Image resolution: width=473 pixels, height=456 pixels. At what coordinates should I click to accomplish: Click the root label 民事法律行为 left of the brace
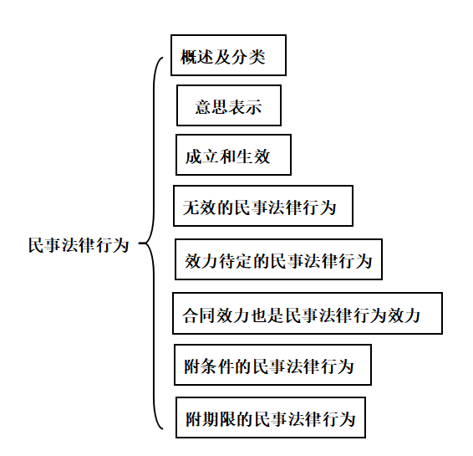coord(79,245)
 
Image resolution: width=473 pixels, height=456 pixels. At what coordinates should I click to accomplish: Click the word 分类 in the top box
coord(248,56)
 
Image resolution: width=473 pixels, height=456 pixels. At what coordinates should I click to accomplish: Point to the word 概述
coord(197,56)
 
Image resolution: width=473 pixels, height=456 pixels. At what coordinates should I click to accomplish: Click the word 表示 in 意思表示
coord(245,106)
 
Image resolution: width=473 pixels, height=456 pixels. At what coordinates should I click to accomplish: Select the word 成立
coord(202,156)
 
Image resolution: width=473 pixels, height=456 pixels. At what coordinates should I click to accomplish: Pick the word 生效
coord(253,156)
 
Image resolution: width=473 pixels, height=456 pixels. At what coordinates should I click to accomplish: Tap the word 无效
coord(200,208)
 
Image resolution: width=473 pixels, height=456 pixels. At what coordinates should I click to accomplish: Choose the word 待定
coord(236,261)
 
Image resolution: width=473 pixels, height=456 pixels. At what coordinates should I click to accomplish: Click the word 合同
coord(199,315)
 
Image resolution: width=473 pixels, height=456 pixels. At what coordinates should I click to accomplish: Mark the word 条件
coord(218,366)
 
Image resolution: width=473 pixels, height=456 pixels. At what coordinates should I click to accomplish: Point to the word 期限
coord(220,419)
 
